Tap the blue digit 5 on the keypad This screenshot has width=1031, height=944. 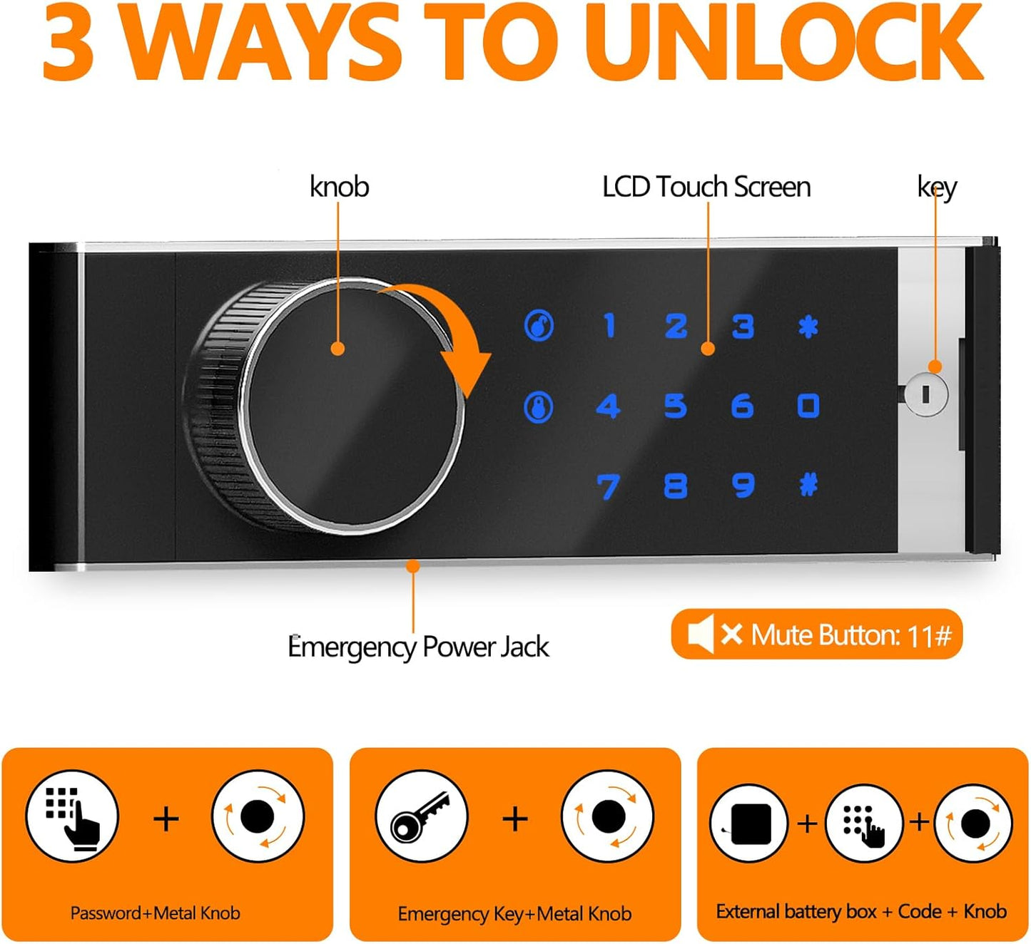point(675,406)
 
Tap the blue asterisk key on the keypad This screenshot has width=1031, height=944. point(808,327)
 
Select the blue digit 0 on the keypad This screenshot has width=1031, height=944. point(808,406)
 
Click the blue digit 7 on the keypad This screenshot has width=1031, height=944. point(608,487)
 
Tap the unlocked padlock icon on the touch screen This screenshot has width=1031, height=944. point(539,326)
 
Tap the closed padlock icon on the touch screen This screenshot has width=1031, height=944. point(539,407)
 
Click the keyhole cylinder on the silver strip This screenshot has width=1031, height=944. point(925,394)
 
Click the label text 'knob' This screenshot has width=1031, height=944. point(339,187)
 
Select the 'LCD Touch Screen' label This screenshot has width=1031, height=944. point(706,187)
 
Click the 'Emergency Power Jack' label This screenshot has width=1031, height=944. point(418,647)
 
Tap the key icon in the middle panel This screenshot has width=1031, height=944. point(421,816)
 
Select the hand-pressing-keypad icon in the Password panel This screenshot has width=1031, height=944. point(72,817)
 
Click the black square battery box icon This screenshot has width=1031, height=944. point(749,824)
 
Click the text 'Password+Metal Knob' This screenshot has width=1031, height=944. point(155,913)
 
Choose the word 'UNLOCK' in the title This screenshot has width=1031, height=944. point(785,43)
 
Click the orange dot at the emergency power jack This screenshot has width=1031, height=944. point(412,566)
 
